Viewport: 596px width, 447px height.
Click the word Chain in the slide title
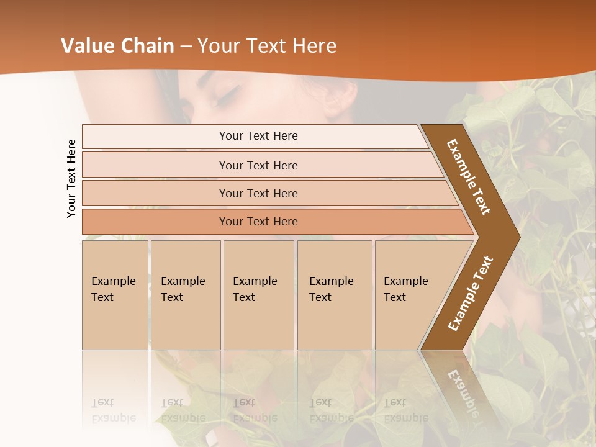click(148, 46)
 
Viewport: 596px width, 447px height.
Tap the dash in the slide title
click(186, 47)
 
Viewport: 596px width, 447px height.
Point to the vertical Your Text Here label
click(71, 178)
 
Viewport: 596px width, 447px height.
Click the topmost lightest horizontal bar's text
click(258, 136)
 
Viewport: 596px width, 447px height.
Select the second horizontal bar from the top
click(258, 165)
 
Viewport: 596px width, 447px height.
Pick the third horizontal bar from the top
click(258, 193)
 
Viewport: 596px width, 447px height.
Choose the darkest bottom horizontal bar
click(258, 222)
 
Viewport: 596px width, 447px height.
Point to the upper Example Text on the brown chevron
click(469, 177)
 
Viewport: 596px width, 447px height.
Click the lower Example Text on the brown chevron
click(470, 293)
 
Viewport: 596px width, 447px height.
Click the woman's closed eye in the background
click(227, 96)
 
